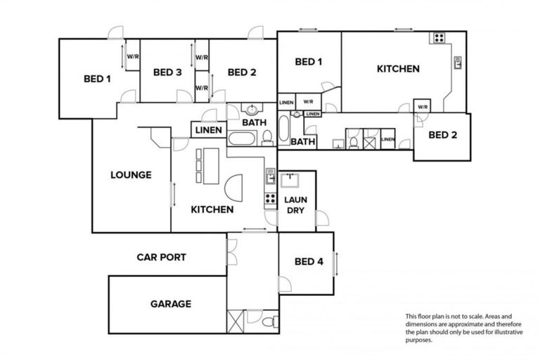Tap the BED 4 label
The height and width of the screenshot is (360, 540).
tap(309, 262)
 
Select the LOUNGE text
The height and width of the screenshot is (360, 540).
tap(130, 175)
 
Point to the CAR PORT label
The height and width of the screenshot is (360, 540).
tap(161, 257)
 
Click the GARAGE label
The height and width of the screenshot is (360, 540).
tap(170, 304)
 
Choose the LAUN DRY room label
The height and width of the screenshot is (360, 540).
tap(295, 205)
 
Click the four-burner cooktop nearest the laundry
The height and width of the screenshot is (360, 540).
tap(269, 198)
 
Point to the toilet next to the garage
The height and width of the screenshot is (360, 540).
tap(268, 323)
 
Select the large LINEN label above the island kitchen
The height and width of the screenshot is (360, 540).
tap(208, 130)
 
